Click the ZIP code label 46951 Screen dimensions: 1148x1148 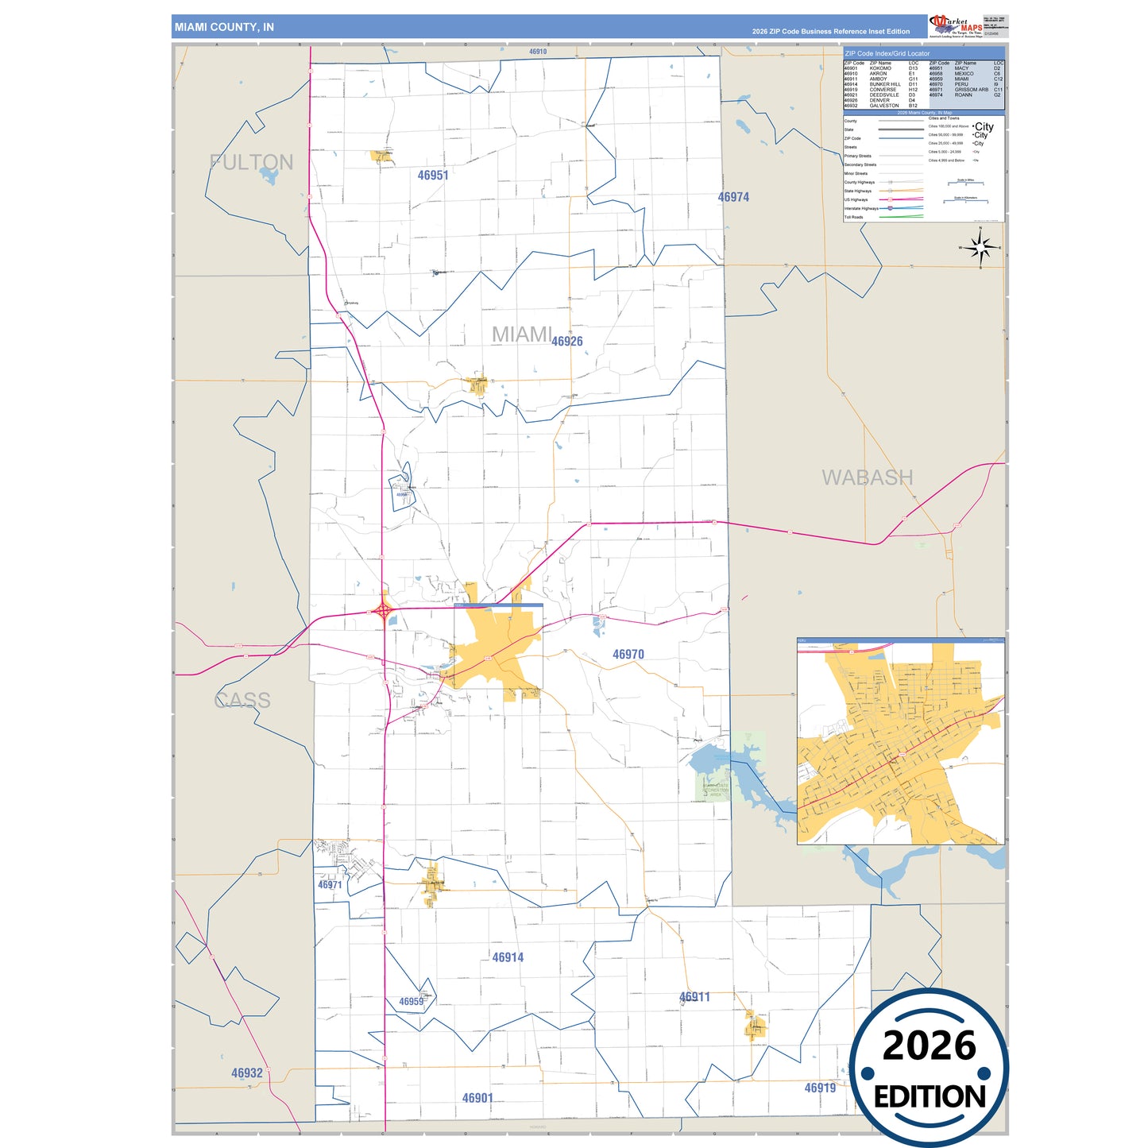tap(433, 176)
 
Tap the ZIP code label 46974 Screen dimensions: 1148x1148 tap(733, 197)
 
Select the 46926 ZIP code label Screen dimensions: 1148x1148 tap(567, 342)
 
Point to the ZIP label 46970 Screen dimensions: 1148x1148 tap(628, 655)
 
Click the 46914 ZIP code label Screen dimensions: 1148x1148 tap(508, 957)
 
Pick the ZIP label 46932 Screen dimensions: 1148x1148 tap(247, 1073)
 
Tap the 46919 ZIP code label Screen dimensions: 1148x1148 tap(820, 1088)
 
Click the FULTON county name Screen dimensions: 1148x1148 tap(252, 162)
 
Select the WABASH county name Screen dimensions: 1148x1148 tap(867, 477)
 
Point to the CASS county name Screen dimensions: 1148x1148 tap(243, 700)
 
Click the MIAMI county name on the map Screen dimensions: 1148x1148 tap(521, 334)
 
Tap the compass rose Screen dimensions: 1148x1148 tap(980, 248)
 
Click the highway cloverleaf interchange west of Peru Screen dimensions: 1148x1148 tap(384, 611)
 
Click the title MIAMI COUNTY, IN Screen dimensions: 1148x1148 tap(224, 27)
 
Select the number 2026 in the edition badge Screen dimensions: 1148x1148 tap(929, 1046)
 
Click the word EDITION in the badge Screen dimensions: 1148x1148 tap(930, 1097)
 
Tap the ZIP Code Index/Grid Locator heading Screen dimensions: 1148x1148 tap(887, 53)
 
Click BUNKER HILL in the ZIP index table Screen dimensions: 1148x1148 tap(885, 84)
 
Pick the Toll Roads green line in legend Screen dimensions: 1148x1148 tap(901, 217)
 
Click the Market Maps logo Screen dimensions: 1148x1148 tap(956, 25)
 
